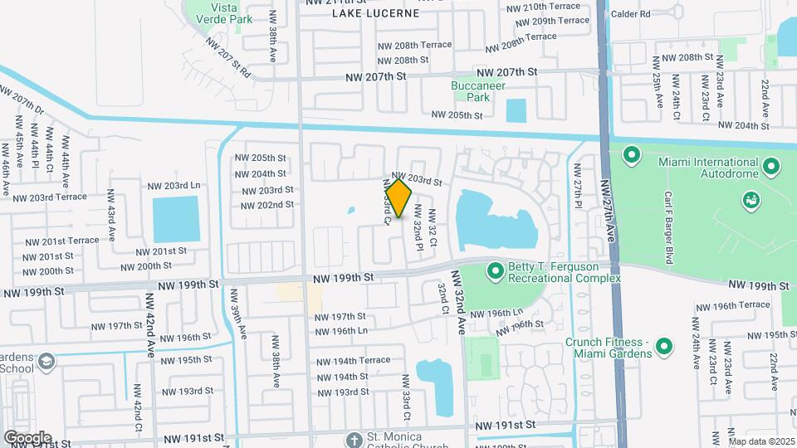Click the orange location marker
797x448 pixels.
pyautogui.click(x=399, y=198)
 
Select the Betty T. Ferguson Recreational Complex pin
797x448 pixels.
pyautogui.click(x=496, y=271)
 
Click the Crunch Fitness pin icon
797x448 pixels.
pyautogui.click(x=663, y=346)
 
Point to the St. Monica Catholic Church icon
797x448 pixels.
pyautogui.click(x=354, y=438)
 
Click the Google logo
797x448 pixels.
pyautogui.click(x=27, y=437)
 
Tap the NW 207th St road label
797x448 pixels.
pyautogui.click(x=376, y=75)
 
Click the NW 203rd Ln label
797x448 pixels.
pyautogui.click(x=174, y=185)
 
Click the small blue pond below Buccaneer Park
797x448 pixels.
pyautogui.click(x=516, y=110)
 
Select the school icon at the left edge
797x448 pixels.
pyautogui.click(x=46, y=362)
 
